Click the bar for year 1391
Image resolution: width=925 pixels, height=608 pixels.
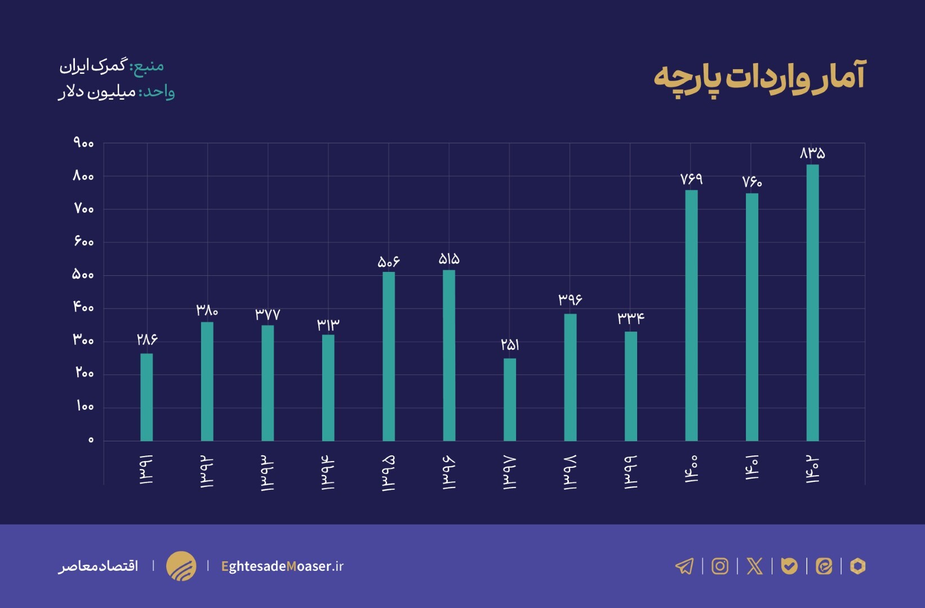[x=146, y=397]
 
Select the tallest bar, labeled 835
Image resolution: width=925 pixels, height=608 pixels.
[x=812, y=303]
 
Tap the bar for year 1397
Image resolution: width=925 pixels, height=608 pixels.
[x=510, y=400]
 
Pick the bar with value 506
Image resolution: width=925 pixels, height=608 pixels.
[x=389, y=356]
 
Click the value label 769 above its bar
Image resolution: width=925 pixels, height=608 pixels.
[x=691, y=179]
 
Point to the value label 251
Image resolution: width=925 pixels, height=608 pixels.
[x=510, y=345]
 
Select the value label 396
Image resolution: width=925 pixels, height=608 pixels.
[x=570, y=299]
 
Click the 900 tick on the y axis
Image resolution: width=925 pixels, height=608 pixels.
[x=83, y=144]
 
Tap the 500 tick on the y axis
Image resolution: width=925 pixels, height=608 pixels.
[x=83, y=275]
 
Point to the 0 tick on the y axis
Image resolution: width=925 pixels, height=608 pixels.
[x=91, y=440]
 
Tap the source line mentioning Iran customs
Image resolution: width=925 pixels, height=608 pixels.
[x=112, y=66]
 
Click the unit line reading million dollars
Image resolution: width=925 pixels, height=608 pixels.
[x=116, y=92]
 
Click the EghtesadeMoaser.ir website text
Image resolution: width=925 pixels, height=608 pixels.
[x=282, y=566]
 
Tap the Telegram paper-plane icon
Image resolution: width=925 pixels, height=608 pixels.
[x=684, y=566]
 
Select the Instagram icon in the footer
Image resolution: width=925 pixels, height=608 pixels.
[x=720, y=566]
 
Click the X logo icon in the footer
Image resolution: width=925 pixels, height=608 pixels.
[x=754, y=566]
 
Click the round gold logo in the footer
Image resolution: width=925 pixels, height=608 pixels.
[x=181, y=566]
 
